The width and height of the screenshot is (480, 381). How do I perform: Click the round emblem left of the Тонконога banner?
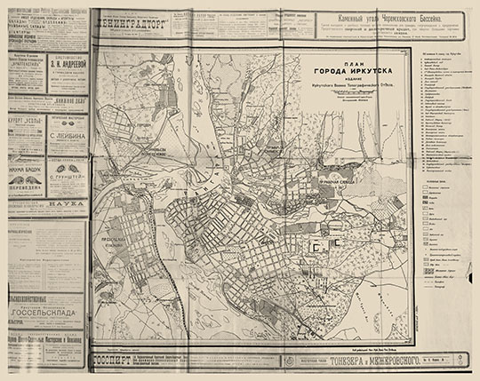click(x=292, y=361)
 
